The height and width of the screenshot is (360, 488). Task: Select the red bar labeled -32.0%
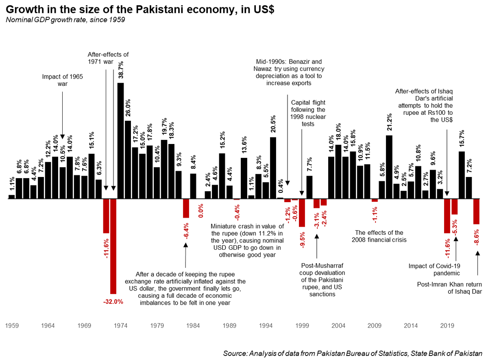click(x=113, y=246)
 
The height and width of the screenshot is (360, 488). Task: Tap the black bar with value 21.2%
click(x=389, y=167)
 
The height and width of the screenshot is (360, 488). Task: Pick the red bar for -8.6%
click(x=476, y=212)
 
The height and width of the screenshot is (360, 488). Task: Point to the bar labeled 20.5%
click(x=273, y=168)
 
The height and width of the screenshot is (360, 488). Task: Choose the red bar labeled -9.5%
click(x=302, y=213)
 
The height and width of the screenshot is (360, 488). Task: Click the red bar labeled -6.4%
click(x=186, y=208)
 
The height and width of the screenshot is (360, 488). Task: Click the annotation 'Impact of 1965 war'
click(x=62, y=80)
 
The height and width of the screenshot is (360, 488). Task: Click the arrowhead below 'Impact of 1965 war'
click(x=62, y=137)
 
